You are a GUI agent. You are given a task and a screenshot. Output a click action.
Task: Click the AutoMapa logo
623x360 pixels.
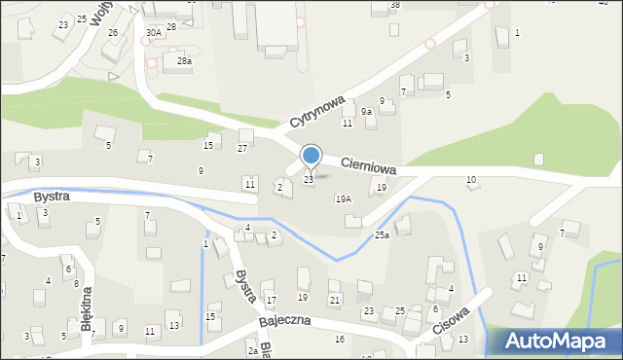[557, 341]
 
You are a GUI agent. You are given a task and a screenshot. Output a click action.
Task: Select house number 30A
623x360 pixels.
[154, 32]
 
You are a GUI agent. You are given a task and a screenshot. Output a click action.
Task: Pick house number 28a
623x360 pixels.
[183, 61]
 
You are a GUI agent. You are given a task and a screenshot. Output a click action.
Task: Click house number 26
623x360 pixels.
[113, 32]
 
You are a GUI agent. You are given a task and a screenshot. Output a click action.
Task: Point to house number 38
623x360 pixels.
[394, 5]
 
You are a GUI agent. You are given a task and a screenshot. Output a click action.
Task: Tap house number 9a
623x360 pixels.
[366, 112]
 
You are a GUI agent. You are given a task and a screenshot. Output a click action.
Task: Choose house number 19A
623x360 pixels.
[343, 198]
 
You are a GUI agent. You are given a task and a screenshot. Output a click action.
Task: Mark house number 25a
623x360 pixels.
[382, 234]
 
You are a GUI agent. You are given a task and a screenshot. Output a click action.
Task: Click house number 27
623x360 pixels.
[242, 148]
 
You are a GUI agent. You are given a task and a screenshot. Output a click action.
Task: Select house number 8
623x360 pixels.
[76, 283]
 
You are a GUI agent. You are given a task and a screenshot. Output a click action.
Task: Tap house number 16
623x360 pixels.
[339, 339]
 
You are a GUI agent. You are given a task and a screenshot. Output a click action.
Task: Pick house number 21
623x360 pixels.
[334, 300]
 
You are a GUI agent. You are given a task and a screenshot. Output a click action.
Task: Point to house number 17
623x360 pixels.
[271, 300]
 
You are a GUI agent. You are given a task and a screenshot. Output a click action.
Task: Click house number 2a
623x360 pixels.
[252, 350]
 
